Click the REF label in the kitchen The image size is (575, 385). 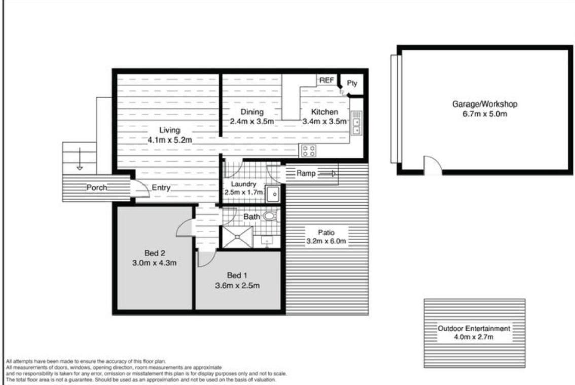pos(327,80)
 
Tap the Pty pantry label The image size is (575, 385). pos(352,83)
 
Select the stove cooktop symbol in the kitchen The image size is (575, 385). pos(308,151)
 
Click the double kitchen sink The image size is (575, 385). pos(356,123)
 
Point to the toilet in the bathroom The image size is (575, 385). pos(271,216)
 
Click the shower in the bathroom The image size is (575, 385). pos(238,237)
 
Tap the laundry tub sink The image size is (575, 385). pos(273,194)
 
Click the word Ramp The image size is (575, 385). pos(306,173)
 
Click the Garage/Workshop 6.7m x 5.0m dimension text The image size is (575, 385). pos(485,114)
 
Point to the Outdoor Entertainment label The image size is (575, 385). pos(474,328)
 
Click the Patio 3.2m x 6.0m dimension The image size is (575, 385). pos(327,241)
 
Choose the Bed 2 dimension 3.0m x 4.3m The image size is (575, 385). pos(154,263)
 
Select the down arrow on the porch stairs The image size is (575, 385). pos(80,159)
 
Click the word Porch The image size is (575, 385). pos(97,187)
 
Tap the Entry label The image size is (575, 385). pos(161,188)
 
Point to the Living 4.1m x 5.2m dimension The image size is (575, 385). pos(169,140)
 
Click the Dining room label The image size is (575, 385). pos(252,112)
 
